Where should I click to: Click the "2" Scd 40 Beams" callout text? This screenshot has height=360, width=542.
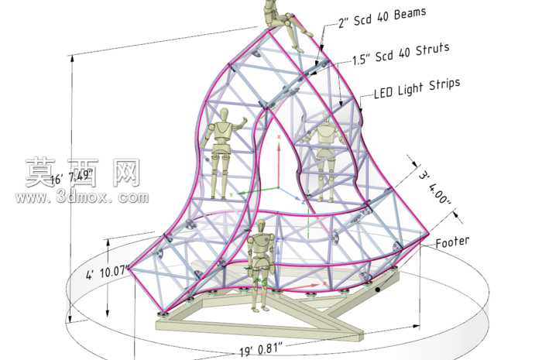[382, 18]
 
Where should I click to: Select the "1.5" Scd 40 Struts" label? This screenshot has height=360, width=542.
[401, 54]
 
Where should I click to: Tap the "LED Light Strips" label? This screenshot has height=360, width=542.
[417, 88]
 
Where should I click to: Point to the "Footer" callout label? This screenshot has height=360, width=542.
[452, 242]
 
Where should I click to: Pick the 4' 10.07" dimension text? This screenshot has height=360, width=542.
[108, 272]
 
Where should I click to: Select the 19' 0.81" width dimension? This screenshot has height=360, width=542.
[262, 348]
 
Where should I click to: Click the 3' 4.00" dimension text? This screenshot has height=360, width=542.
[435, 188]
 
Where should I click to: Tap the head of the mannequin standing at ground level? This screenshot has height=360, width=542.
[262, 226]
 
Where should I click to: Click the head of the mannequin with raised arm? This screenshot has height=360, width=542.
[225, 115]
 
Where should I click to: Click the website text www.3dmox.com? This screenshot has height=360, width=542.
[82, 197]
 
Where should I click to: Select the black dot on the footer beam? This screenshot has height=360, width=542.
[378, 290]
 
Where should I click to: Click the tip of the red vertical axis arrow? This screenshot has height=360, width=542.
[279, 136]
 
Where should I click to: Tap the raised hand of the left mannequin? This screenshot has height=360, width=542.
[244, 120]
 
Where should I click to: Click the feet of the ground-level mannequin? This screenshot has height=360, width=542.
[260, 309]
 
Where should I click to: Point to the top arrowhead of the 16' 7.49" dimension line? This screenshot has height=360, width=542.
[72, 58]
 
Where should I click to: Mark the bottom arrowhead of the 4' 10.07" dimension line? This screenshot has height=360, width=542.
[108, 314]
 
